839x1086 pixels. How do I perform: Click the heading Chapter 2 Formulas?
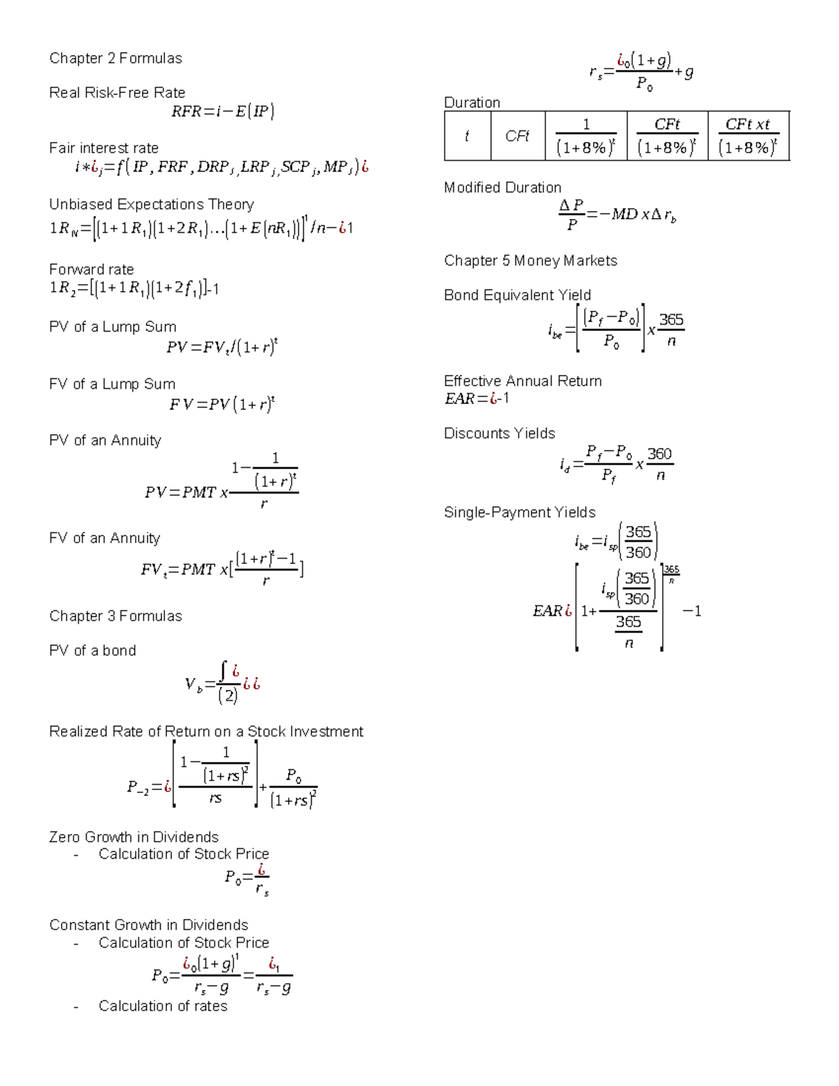tap(115, 58)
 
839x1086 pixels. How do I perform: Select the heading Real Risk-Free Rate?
tap(117, 92)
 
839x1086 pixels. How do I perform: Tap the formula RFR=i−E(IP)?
tap(222, 111)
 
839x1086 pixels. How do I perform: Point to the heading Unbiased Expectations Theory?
tap(151, 204)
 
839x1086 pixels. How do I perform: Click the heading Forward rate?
tap(91, 269)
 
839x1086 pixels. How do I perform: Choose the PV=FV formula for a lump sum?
tap(222, 347)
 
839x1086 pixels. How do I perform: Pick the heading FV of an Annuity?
tap(104, 538)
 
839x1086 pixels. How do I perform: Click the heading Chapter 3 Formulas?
tap(115, 616)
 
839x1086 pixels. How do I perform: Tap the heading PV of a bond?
tap(92, 650)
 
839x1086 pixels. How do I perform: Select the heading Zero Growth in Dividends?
tap(134, 837)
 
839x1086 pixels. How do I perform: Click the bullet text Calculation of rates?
tap(163, 1006)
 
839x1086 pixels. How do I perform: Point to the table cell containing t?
tap(467, 136)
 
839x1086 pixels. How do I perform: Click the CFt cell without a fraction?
tap(517, 136)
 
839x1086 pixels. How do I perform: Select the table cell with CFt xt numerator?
tap(748, 136)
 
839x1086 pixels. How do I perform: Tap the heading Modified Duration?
tap(502, 187)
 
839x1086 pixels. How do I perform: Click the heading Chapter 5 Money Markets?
tap(530, 261)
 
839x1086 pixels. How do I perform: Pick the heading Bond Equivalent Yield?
tap(517, 295)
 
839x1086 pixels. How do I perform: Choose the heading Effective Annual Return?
tap(522, 381)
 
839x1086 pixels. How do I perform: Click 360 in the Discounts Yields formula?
tap(659, 454)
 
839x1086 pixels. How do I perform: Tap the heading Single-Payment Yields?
tap(519, 513)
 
